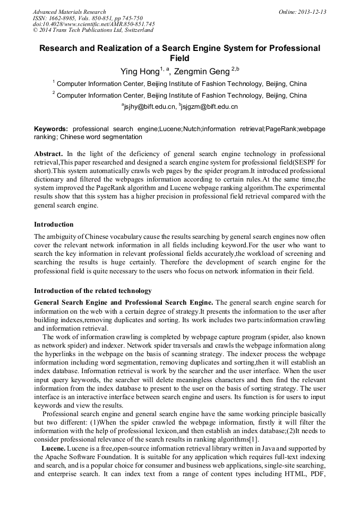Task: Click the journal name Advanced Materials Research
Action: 69,12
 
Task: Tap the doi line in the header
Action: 93,24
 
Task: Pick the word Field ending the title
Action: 179,58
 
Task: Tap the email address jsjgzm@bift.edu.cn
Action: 210,107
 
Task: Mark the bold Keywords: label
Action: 51,129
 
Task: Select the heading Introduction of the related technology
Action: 93,291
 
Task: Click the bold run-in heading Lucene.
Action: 52,448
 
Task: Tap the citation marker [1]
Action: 254,439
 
